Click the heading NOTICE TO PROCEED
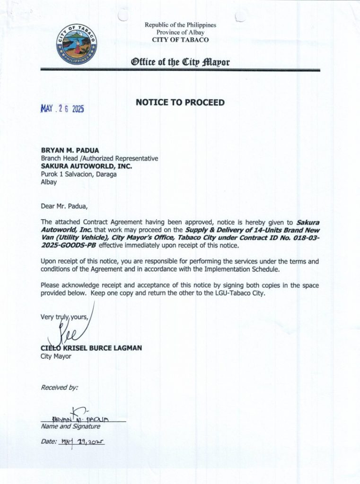pyautogui.click(x=180, y=102)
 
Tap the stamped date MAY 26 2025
pyautogui.click(x=62, y=109)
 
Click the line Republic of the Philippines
pyautogui.click(x=180, y=25)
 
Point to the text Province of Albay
pyautogui.click(x=180, y=32)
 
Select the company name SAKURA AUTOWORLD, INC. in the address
pyautogui.click(x=87, y=166)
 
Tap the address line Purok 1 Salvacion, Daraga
pyautogui.click(x=79, y=174)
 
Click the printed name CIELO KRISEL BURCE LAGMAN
pyautogui.click(x=91, y=348)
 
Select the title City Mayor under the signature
pyautogui.click(x=56, y=356)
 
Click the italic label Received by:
pyautogui.click(x=59, y=387)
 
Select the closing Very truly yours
pyautogui.click(x=64, y=317)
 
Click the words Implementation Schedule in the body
pyautogui.click(x=241, y=269)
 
